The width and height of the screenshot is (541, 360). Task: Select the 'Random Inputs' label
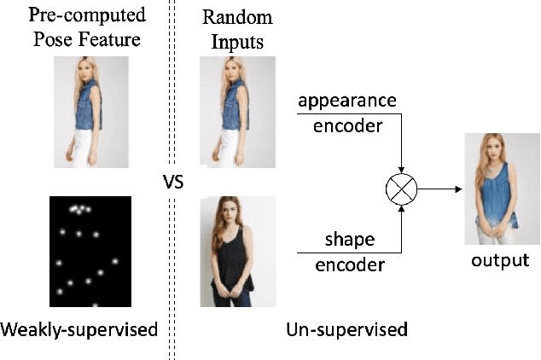pos(238,28)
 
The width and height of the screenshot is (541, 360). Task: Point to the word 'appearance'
pos(347,100)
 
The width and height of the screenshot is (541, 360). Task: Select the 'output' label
pos(500,259)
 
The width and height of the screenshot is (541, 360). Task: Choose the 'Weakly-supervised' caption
pos(79,328)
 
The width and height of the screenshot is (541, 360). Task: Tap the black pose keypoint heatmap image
pos(90,251)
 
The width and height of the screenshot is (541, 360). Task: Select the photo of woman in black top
pos(238,251)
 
